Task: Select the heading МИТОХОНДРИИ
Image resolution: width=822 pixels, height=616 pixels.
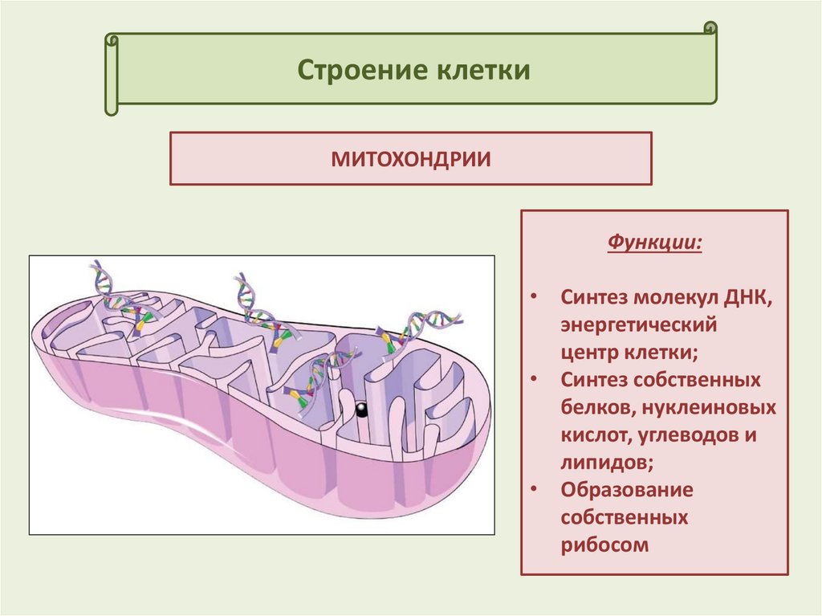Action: [411, 158]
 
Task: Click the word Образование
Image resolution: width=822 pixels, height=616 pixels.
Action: [627, 490]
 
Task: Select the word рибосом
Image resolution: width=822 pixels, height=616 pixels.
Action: [604, 545]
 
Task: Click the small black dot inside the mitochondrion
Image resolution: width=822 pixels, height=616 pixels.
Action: [360, 410]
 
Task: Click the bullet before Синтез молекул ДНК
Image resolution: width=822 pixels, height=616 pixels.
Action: [536, 299]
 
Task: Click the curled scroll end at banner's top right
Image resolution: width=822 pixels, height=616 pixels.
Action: [710, 29]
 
